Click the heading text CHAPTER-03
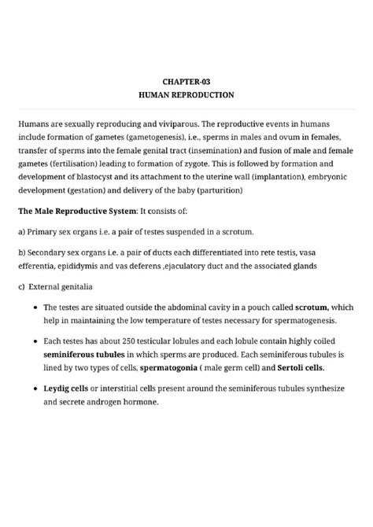[x=186, y=80]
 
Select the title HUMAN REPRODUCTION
[x=186, y=94]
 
